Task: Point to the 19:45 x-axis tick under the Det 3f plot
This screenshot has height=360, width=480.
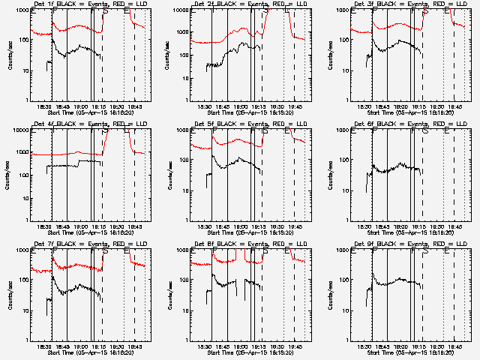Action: (x=455, y=107)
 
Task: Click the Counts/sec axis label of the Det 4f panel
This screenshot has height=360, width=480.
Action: (x=9, y=175)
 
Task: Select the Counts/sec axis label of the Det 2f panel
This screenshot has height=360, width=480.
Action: (x=169, y=55)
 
